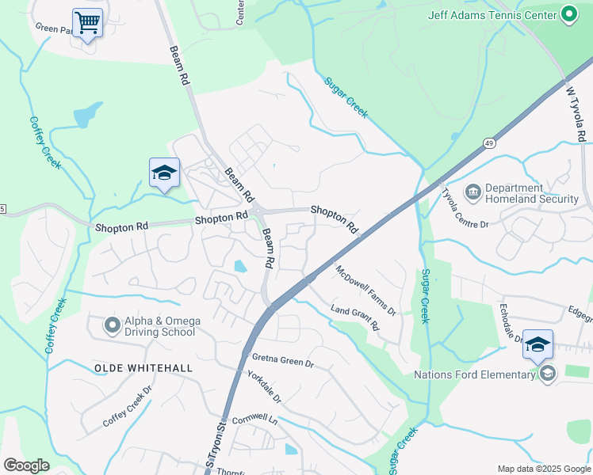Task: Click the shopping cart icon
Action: [87, 22]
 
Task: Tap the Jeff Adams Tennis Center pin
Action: [568, 14]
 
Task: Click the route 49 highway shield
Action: [491, 142]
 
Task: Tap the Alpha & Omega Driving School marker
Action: [113, 325]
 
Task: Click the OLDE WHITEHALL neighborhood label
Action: [143, 368]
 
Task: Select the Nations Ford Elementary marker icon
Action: [547, 374]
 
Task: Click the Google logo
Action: [26, 465]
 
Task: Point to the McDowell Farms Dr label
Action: [365, 290]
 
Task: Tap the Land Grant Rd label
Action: [355, 318]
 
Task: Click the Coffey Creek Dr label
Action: [128, 408]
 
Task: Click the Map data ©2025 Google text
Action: [543, 469]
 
